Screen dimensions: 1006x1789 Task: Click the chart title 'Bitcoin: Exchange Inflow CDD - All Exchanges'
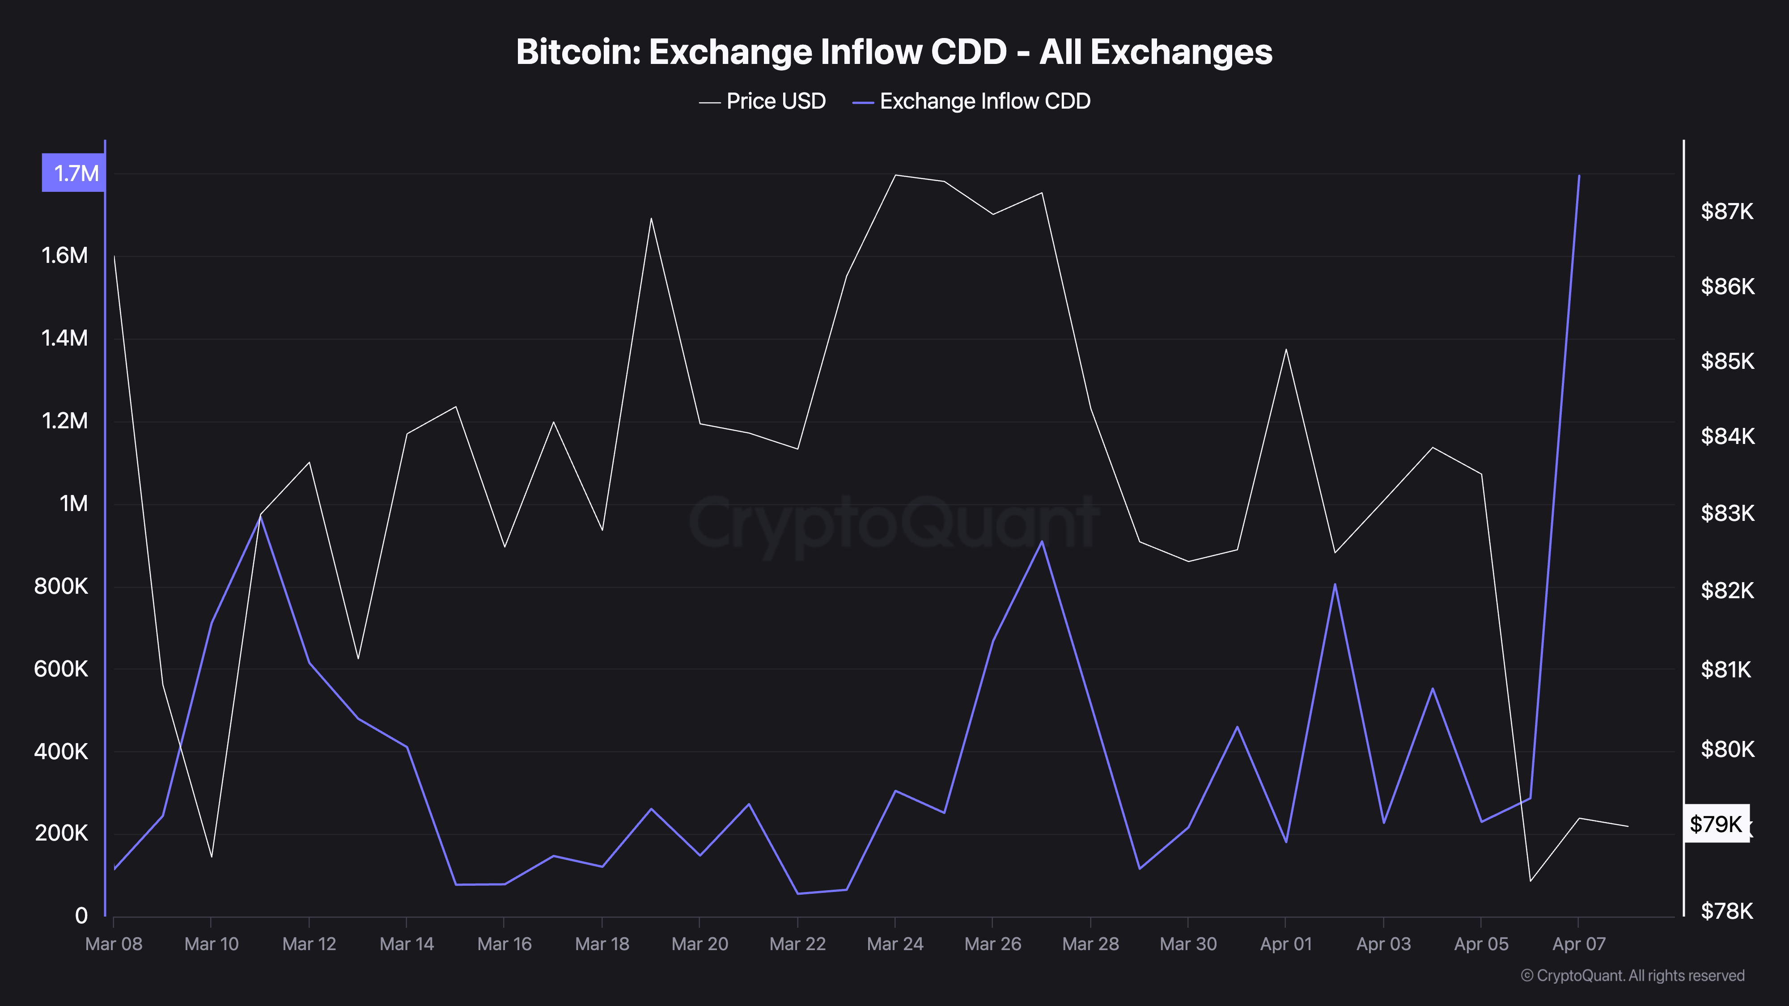(x=894, y=52)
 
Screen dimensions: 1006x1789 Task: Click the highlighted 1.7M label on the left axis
(x=74, y=173)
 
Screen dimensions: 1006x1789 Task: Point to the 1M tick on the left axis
(x=74, y=503)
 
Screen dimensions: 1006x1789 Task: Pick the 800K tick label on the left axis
(x=61, y=587)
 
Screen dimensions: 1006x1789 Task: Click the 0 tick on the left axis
(x=81, y=916)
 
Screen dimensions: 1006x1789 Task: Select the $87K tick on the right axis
(x=1726, y=211)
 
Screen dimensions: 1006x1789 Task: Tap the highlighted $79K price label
(x=1716, y=824)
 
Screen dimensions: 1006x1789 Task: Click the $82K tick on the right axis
(x=1726, y=590)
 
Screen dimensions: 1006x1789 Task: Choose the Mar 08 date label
(x=113, y=944)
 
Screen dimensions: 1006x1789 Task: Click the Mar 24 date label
(x=895, y=944)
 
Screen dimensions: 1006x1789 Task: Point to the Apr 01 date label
(x=1285, y=944)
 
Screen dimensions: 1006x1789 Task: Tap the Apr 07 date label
(x=1579, y=944)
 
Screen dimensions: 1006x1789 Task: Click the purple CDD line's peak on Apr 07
(x=1579, y=176)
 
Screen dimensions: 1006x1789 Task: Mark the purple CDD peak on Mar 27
(x=1042, y=541)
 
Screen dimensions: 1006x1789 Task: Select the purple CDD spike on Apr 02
(x=1335, y=584)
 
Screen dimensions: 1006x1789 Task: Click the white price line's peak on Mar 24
(x=895, y=175)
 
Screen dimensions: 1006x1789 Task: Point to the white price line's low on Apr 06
(x=1530, y=881)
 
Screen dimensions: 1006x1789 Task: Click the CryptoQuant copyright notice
(x=1632, y=976)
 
